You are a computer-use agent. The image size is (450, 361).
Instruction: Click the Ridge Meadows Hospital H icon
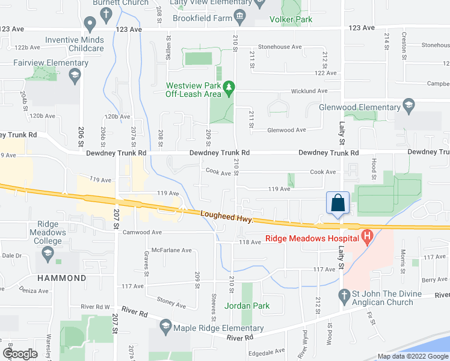click(x=366, y=238)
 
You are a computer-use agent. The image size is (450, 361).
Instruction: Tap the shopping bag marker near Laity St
click(x=338, y=202)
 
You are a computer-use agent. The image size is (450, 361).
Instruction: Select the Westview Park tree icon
click(x=229, y=89)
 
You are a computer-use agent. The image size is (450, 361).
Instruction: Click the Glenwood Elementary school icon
click(x=408, y=107)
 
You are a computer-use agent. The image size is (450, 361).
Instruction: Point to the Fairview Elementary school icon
click(x=75, y=75)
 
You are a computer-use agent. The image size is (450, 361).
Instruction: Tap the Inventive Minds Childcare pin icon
click(x=90, y=25)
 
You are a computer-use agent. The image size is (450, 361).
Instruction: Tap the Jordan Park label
click(x=247, y=306)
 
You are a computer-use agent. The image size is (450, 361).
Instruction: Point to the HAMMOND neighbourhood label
click(x=61, y=278)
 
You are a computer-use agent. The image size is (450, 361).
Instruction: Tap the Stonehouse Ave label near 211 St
click(x=280, y=46)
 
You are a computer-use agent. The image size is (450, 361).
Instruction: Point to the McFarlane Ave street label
click(x=171, y=250)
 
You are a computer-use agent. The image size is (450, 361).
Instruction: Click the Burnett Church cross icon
click(x=106, y=13)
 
